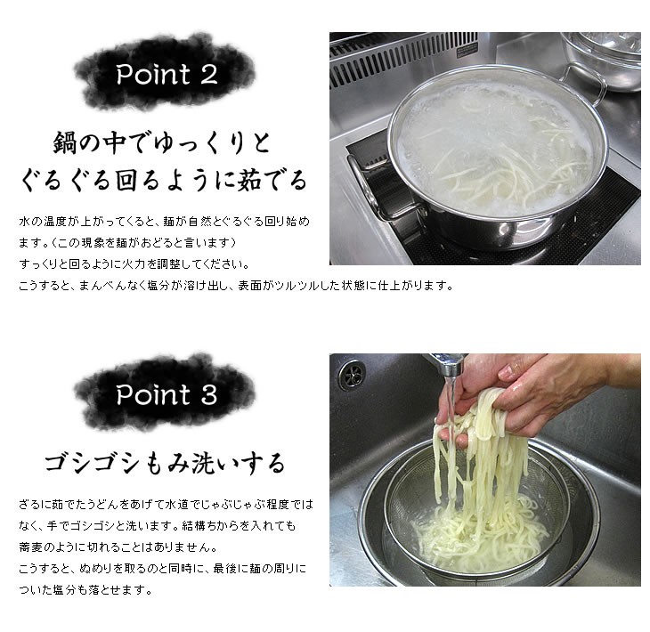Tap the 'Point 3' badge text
point(166,393)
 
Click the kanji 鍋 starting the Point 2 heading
point(64,142)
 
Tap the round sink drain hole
point(348,369)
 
